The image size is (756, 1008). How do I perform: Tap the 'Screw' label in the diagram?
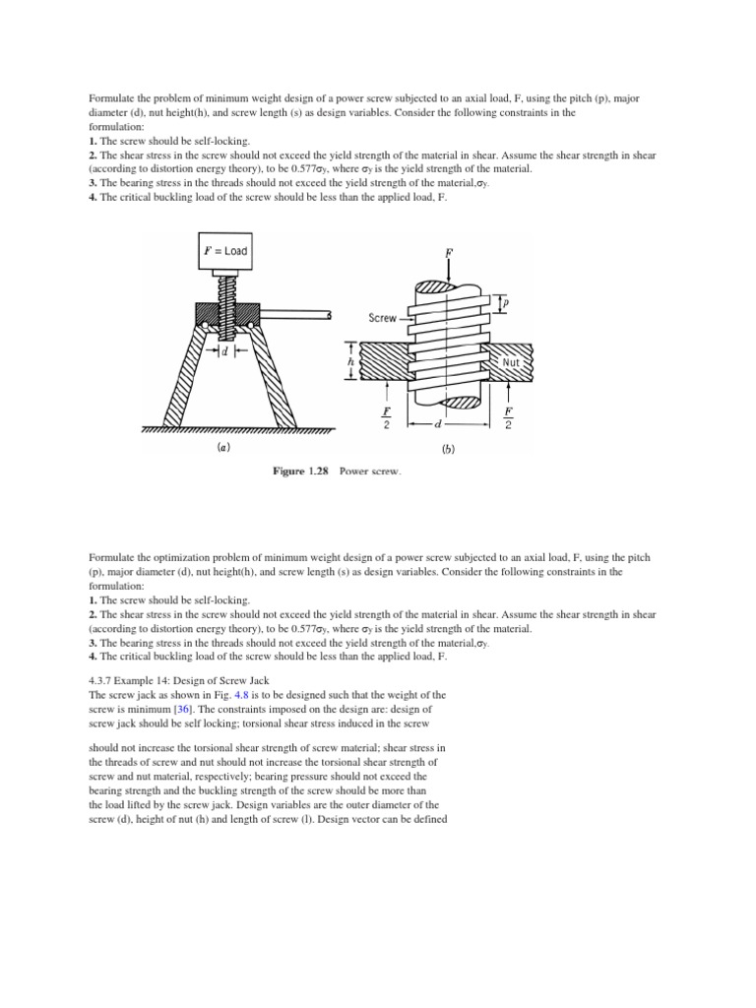382,318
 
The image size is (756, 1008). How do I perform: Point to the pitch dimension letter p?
506,303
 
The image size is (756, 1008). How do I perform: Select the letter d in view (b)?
435,425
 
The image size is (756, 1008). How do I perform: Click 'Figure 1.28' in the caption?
301,472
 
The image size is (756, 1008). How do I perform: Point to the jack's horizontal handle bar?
295,315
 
